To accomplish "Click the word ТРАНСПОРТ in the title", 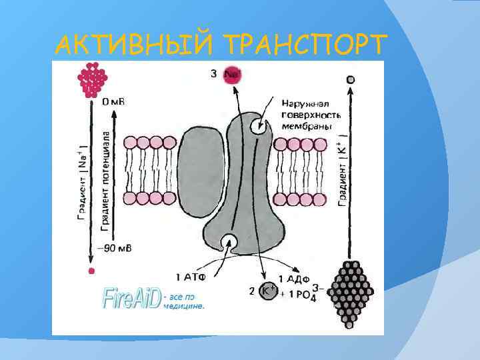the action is point(305,45).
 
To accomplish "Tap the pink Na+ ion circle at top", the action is point(232,74).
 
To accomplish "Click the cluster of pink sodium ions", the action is point(93,79).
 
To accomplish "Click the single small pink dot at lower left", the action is point(92,271).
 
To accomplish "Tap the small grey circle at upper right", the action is point(351,79).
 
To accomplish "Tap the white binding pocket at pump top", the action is point(257,127).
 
